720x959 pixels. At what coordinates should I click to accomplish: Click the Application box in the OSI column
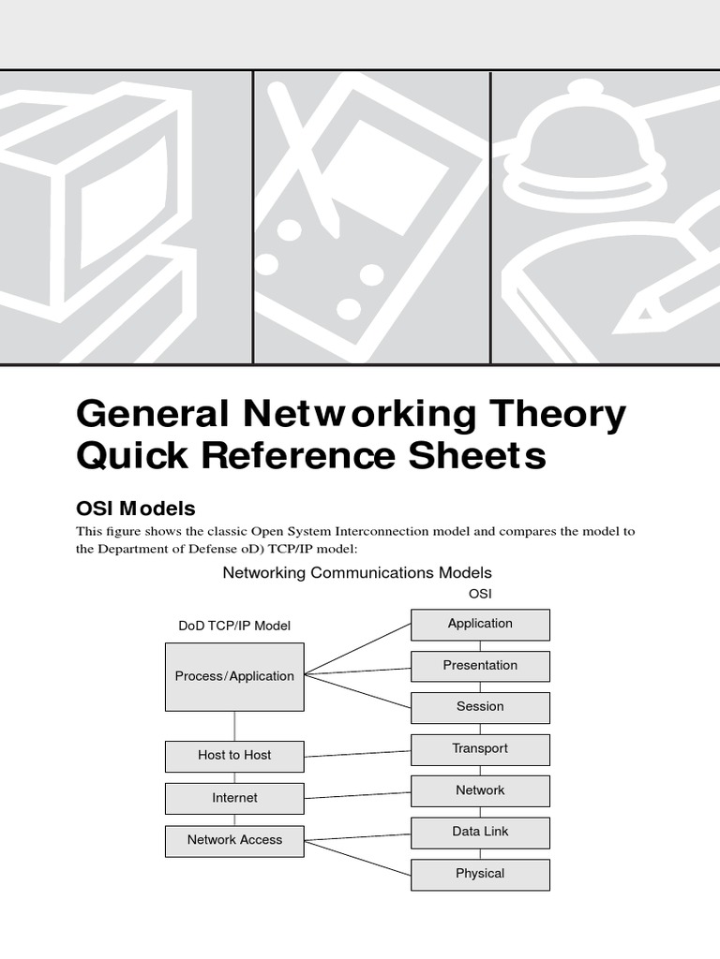[x=480, y=625]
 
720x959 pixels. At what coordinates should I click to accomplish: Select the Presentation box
[x=480, y=666]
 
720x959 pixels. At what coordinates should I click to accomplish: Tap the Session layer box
[x=480, y=707]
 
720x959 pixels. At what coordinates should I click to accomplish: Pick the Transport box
[x=480, y=749]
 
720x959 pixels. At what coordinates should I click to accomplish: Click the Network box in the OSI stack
[x=480, y=790]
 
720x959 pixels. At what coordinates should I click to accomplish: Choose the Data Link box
[x=480, y=832]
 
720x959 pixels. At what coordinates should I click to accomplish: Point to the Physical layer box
[x=480, y=874]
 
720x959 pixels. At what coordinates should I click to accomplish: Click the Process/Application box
[x=234, y=676]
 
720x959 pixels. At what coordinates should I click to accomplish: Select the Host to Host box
[x=234, y=756]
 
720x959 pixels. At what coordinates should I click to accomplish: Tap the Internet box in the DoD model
[x=234, y=798]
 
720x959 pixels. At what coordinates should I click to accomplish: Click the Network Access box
[x=234, y=840]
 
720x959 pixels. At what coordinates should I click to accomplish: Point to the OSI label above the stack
[x=480, y=594]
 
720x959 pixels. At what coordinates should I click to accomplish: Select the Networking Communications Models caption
[x=357, y=572]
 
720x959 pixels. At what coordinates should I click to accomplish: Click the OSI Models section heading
[x=135, y=509]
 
